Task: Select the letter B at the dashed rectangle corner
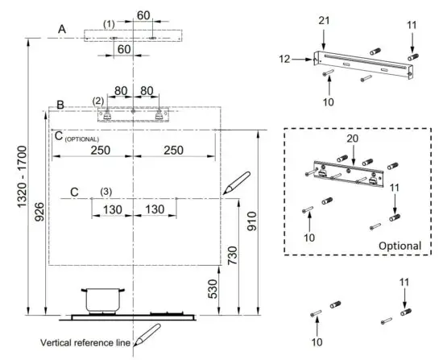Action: pos(60,106)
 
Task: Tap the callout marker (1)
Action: pos(110,23)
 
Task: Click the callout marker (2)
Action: pos(98,101)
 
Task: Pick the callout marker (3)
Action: pos(106,191)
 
